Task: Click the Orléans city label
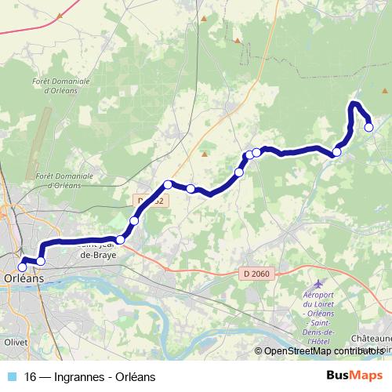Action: pos(24,278)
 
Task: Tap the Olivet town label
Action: pos(16,343)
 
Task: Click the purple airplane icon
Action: pos(318,282)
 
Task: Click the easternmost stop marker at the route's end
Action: pos(368,127)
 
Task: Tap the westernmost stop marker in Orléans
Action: pos(22,267)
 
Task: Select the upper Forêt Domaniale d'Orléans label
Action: pos(62,85)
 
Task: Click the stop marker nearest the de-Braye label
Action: pos(120,240)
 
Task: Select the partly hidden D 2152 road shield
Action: pos(151,201)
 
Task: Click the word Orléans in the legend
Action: pos(136,376)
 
